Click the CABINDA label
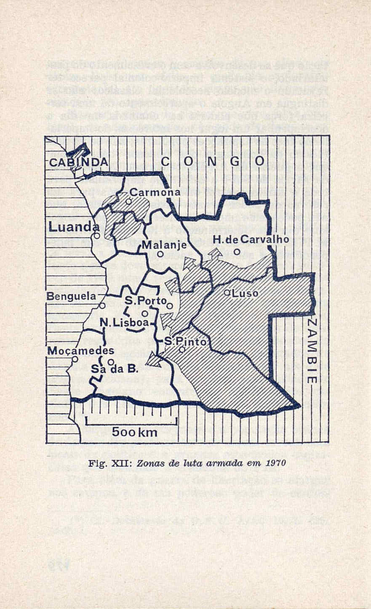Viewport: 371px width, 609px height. (78, 162)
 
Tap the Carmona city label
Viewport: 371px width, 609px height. (155, 192)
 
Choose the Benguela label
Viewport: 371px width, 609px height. (71, 296)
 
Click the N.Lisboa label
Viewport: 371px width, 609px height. (124, 323)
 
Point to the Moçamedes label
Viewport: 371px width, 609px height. (80, 351)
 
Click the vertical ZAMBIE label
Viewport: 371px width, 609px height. (311, 351)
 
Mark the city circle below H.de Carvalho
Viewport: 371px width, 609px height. (237, 252)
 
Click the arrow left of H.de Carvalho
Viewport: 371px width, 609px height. (215, 253)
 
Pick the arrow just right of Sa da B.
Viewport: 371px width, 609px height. (153, 359)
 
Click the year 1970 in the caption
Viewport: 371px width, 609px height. (277, 463)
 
